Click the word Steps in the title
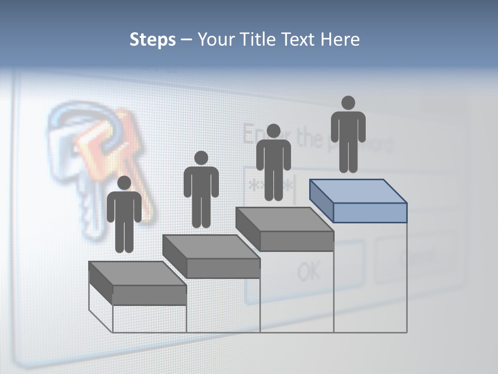tap(153, 39)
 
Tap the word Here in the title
tap(340, 39)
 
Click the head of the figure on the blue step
tap(348, 103)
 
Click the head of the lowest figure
tap(124, 183)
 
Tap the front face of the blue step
tap(370, 212)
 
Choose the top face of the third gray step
tap(284, 219)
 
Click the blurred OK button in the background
tap(309, 271)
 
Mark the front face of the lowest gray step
tap(149, 295)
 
